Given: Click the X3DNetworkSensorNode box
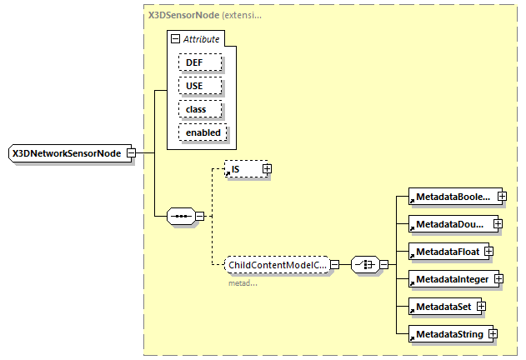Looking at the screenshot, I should point(67,153).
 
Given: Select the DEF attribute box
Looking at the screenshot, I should point(199,62).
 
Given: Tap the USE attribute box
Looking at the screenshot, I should point(199,86).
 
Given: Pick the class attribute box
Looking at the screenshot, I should point(199,109).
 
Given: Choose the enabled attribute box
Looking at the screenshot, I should point(203,132).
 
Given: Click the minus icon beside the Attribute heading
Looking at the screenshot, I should point(175,39).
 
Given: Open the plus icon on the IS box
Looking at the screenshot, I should point(267,169).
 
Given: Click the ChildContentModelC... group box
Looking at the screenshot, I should point(277,264).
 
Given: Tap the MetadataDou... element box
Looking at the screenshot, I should point(449,223).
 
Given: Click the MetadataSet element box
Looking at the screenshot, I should point(440,307).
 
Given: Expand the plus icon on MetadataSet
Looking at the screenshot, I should point(481,307).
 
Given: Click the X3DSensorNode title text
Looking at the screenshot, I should point(183,15).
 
